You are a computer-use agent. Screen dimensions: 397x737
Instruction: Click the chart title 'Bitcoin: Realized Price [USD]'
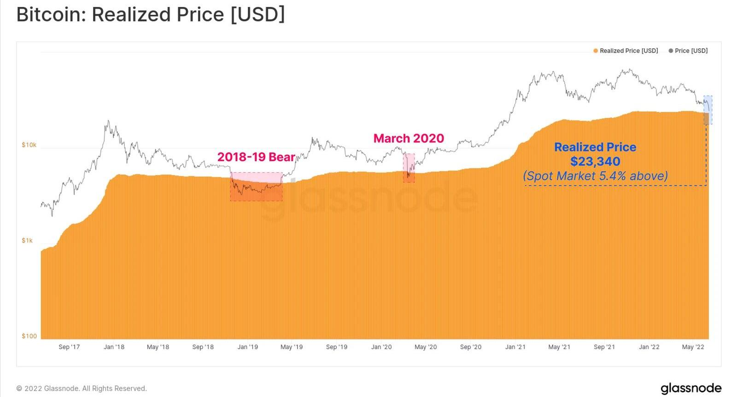[x=151, y=15]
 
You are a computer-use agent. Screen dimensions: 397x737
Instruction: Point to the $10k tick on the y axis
[x=29, y=145]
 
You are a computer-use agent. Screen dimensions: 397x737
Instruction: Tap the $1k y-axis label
[x=27, y=240]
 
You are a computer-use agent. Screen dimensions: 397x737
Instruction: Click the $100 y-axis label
[x=29, y=336]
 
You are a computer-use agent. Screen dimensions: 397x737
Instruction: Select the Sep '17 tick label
[x=69, y=347]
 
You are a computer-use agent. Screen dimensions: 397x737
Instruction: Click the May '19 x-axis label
[x=292, y=347]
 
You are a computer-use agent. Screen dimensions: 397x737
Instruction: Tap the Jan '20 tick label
[x=381, y=347]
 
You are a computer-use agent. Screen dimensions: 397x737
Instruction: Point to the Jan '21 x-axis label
[x=515, y=347]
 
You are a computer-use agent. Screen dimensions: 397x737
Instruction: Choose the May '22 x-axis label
[x=693, y=347]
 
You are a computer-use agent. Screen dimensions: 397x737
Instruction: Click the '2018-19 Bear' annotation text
[x=256, y=157]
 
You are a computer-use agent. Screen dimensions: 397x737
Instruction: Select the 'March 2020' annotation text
[x=409, y=138]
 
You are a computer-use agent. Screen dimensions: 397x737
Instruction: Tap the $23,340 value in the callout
[x=595, y=162]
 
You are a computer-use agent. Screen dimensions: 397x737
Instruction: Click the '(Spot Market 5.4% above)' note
[x=595, y=176]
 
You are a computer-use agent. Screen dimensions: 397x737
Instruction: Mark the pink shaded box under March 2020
[x=409, y=168]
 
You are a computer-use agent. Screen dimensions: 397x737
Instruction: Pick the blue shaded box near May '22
[x=708, y=110]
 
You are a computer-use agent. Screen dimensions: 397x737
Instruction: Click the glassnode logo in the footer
[x=691, y=388]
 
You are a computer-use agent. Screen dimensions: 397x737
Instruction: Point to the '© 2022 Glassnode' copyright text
[x=82, y=388]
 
